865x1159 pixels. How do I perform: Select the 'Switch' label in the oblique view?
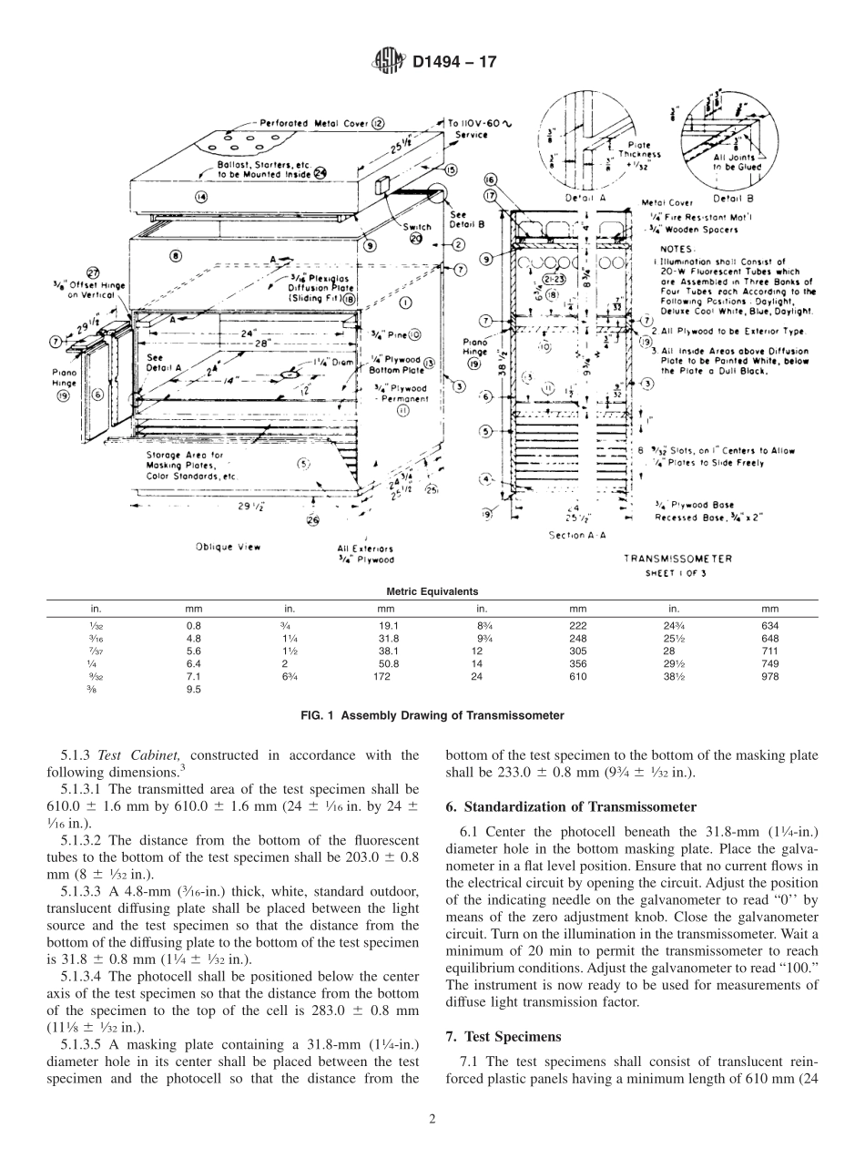coord(417,227)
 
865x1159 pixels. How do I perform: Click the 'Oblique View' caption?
coord(228,547)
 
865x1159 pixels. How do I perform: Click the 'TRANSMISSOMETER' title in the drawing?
coord(677,558)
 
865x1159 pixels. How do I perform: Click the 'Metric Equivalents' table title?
coord(432,591)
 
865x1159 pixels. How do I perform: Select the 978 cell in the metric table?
coord(770,677)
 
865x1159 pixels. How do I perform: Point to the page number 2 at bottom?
coord(432,1120)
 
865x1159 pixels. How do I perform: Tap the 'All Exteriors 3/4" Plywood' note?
coord(365,554)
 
